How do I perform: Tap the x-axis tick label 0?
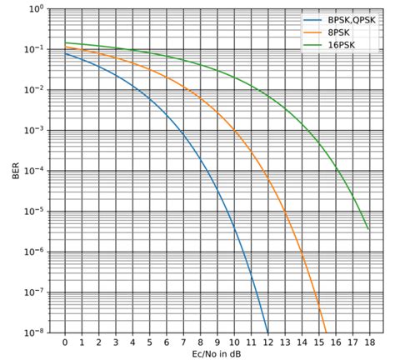click(64, 342)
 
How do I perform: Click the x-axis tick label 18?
click(368, 342)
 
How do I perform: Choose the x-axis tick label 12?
click(267, 342)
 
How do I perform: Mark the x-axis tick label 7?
click(182, 342)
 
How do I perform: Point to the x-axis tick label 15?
click(317, 342)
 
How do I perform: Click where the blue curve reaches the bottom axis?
click(267, 332)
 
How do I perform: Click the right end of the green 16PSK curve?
click(368, 228)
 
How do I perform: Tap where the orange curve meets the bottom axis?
click(326, 332)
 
